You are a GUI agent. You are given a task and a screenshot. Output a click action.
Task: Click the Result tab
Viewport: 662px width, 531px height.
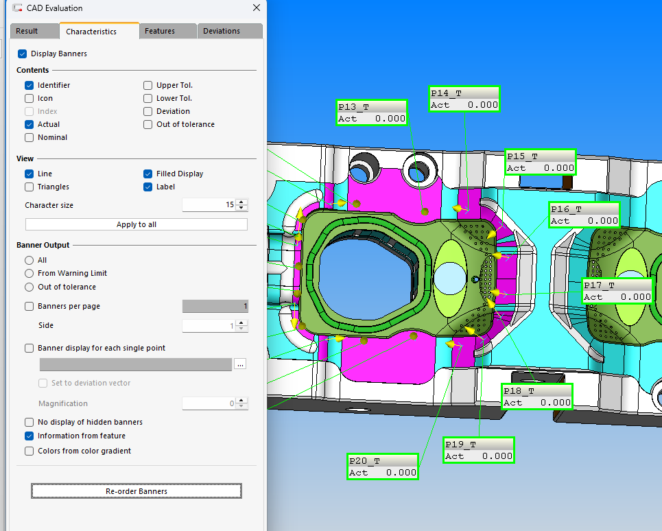(x=27, y=32)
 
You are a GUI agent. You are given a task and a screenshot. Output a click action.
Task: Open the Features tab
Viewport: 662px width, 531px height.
(x=160, y=32)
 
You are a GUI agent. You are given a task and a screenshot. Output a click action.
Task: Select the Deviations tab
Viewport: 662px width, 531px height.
(x=221, y=32)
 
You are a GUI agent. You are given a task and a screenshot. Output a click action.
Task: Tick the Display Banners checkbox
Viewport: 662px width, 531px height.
(x=23, y=54)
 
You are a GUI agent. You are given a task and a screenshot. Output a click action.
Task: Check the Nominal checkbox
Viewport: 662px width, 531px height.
(x=29, y=138)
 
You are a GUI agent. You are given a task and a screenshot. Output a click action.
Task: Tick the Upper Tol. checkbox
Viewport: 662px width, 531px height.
(x=147, y=85)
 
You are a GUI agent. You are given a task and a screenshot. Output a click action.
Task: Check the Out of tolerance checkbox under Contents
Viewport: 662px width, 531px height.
(x=147, y=125)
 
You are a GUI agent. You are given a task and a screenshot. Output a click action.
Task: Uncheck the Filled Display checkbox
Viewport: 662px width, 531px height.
(x=147, y=174)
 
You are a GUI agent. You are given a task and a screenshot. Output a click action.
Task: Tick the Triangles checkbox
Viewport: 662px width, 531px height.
(x=29, y=187)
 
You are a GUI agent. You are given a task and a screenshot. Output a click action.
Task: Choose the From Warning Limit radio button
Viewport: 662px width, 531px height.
(x=29, y=274)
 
